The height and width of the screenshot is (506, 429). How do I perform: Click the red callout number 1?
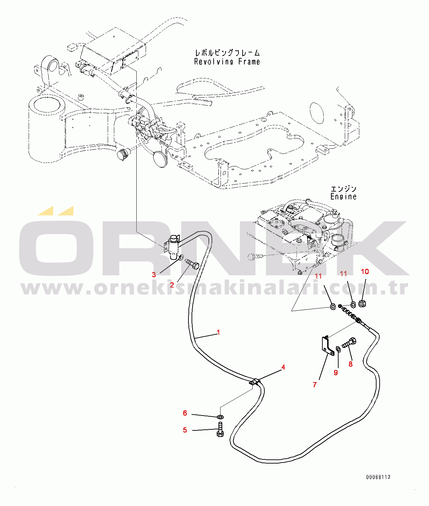point(218,332)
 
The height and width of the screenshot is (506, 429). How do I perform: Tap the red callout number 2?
point(172,285)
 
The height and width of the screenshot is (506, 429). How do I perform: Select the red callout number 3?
point(154,275)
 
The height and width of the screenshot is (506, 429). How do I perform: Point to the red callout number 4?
point(283,367)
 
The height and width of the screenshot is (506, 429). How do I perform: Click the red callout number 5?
point(185,430)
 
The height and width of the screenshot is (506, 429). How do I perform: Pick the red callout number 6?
point(185,413)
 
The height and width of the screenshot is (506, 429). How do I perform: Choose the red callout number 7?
point(315,385)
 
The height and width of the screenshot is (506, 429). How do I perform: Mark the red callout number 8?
point(351,364)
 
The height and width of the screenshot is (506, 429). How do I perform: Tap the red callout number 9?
point(336,373)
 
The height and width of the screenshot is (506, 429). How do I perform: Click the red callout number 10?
point(365,272)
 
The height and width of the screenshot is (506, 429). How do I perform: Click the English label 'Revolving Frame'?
point(227,62)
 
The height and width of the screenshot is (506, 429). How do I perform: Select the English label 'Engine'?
point(343,196)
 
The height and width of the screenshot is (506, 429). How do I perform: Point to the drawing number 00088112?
point(378,477)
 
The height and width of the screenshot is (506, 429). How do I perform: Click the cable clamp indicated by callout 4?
point(255,382)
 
